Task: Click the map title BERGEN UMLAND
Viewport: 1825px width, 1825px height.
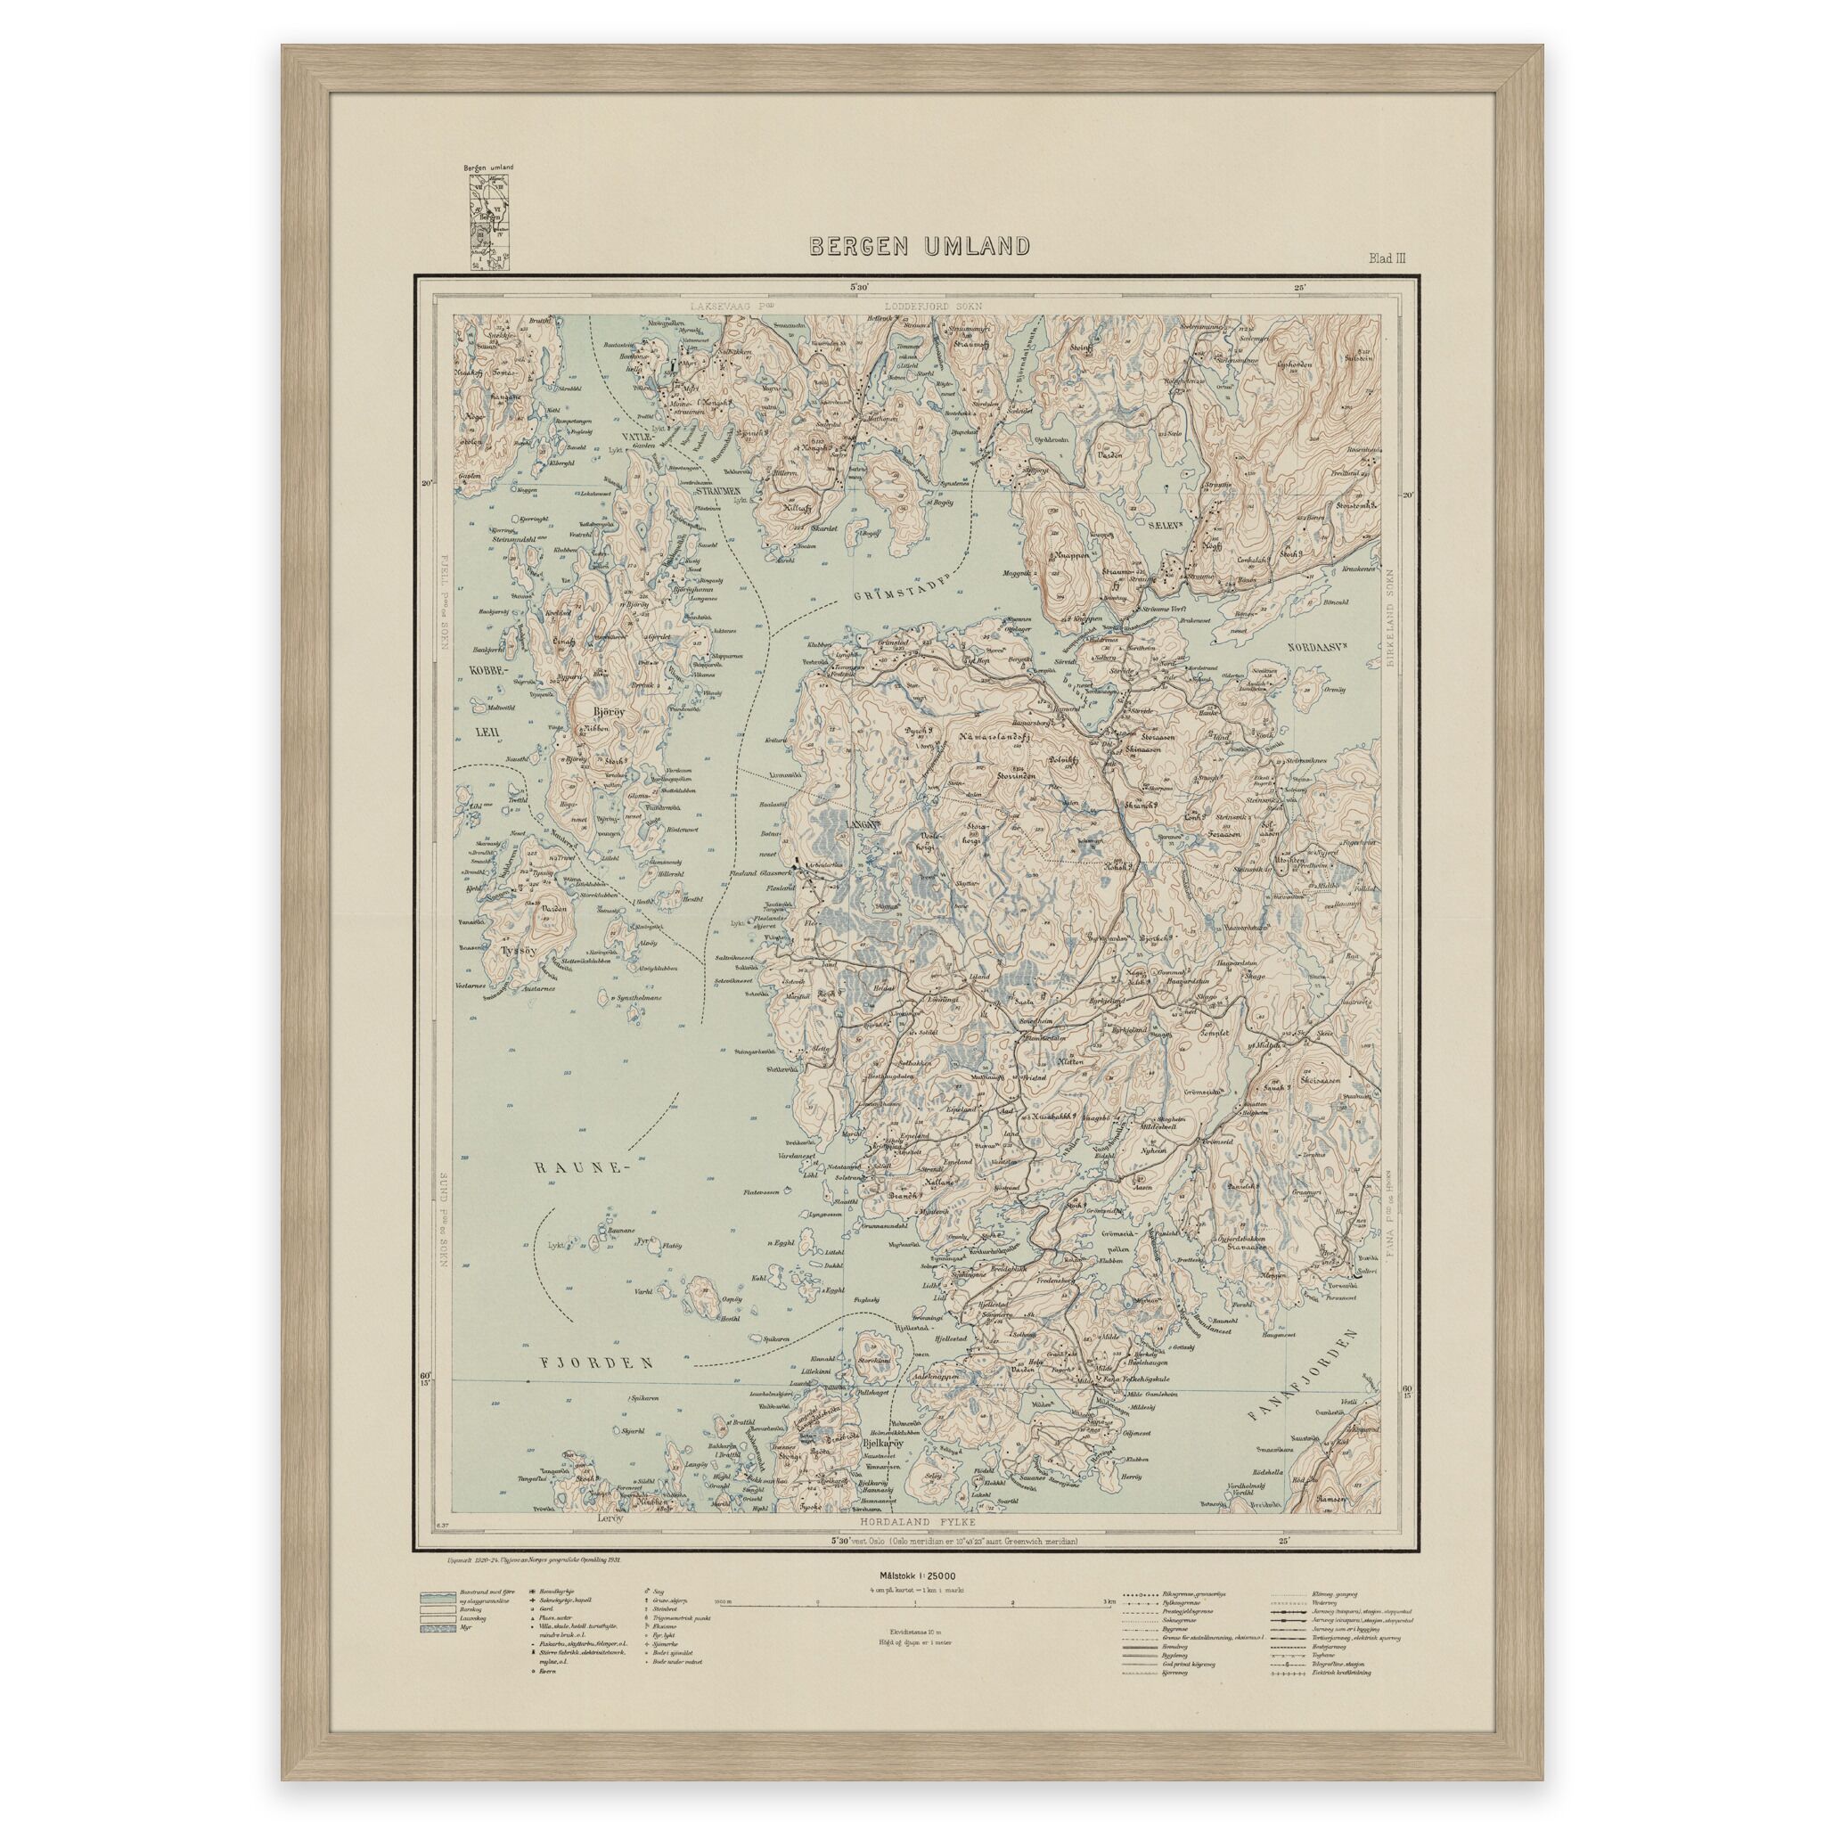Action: (x=918, y=247)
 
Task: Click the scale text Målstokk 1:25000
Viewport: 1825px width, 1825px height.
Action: (x=918, y=1575)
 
